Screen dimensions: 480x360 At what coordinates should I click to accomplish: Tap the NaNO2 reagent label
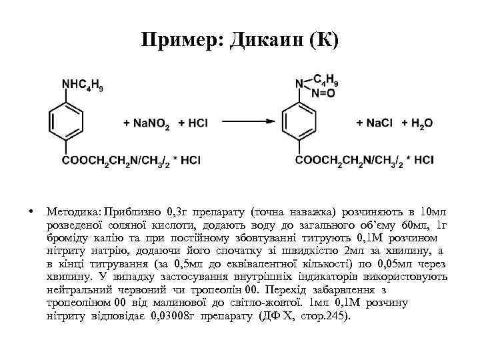pos(146,123)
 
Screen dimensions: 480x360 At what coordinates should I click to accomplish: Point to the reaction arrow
pos(247,122)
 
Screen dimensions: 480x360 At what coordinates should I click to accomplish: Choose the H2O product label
pos(422,123)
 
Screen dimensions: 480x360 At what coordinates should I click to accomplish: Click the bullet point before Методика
pos(31,212)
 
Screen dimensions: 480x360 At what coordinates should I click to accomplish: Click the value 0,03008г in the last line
pos(175,315)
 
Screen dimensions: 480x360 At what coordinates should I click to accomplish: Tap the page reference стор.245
pos(325,315)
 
